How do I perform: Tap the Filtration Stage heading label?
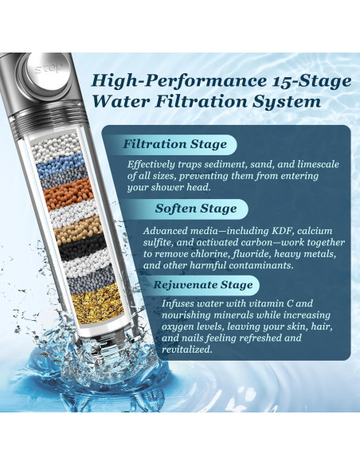(x=175, y=144)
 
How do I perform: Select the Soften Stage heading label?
(x=196, y=209)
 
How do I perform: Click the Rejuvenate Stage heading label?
(x=203, y=285)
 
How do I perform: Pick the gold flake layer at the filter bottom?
(x=98, y=306)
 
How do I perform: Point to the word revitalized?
(x=187, y=350)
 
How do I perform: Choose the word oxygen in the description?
(x=178, y=327)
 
